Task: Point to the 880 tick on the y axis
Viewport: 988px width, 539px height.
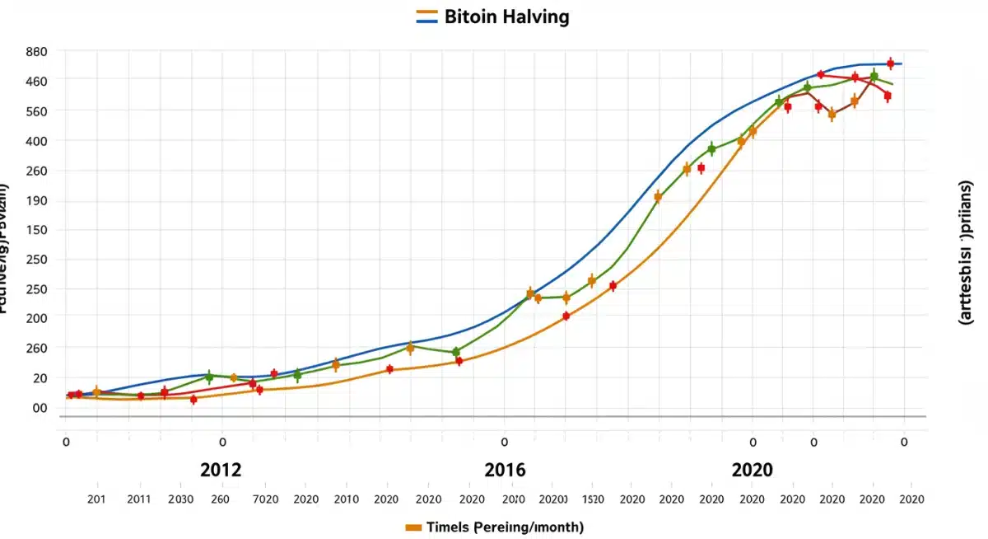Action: tap(36, 51)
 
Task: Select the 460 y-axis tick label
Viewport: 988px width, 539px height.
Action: tap(36, 81)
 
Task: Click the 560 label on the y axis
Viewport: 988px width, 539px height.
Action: tap(36, 111)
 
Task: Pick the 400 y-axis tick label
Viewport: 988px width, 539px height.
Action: tap(36, 141)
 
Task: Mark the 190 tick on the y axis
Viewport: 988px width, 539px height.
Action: tap(36, 200)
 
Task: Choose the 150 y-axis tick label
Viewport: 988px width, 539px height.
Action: tap(36, 230)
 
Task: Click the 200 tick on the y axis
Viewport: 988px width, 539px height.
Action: tap(36, 318)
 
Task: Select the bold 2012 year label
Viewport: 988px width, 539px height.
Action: tap(221, 470)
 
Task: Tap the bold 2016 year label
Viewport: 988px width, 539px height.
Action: tap(505, 470)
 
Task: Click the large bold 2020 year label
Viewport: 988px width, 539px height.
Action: tap(752, 470)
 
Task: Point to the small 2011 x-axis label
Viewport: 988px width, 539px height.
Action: tap(139, 499)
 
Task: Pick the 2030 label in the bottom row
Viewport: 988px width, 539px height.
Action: tap(180, 499)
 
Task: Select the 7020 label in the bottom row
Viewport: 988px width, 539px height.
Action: tap(264, 499)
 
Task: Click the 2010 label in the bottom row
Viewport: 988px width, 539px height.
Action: tap(346, 499)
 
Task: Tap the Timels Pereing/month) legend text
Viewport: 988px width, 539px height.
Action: tap(505, 527)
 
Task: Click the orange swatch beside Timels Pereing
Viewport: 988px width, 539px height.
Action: tap(414, 527)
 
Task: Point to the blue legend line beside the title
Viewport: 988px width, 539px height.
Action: tap(426, 20)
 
